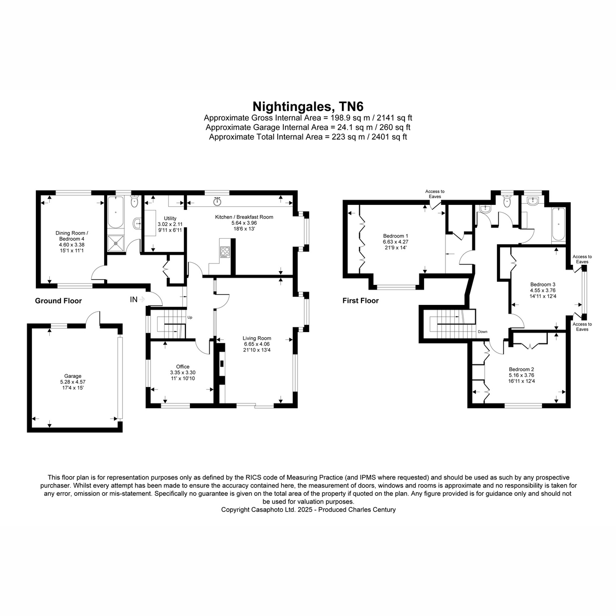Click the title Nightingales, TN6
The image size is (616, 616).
tap(308, 106)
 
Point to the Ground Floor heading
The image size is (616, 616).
tap(58, 301)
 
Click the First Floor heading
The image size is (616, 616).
tap(360, 300)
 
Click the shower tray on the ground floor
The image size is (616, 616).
tap(115, 244)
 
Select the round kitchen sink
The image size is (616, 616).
tap(217, 202)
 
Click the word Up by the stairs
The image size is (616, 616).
tap(189, 317)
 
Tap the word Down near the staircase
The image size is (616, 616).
tap(483, 332)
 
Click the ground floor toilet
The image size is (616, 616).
tap(134, 201)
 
